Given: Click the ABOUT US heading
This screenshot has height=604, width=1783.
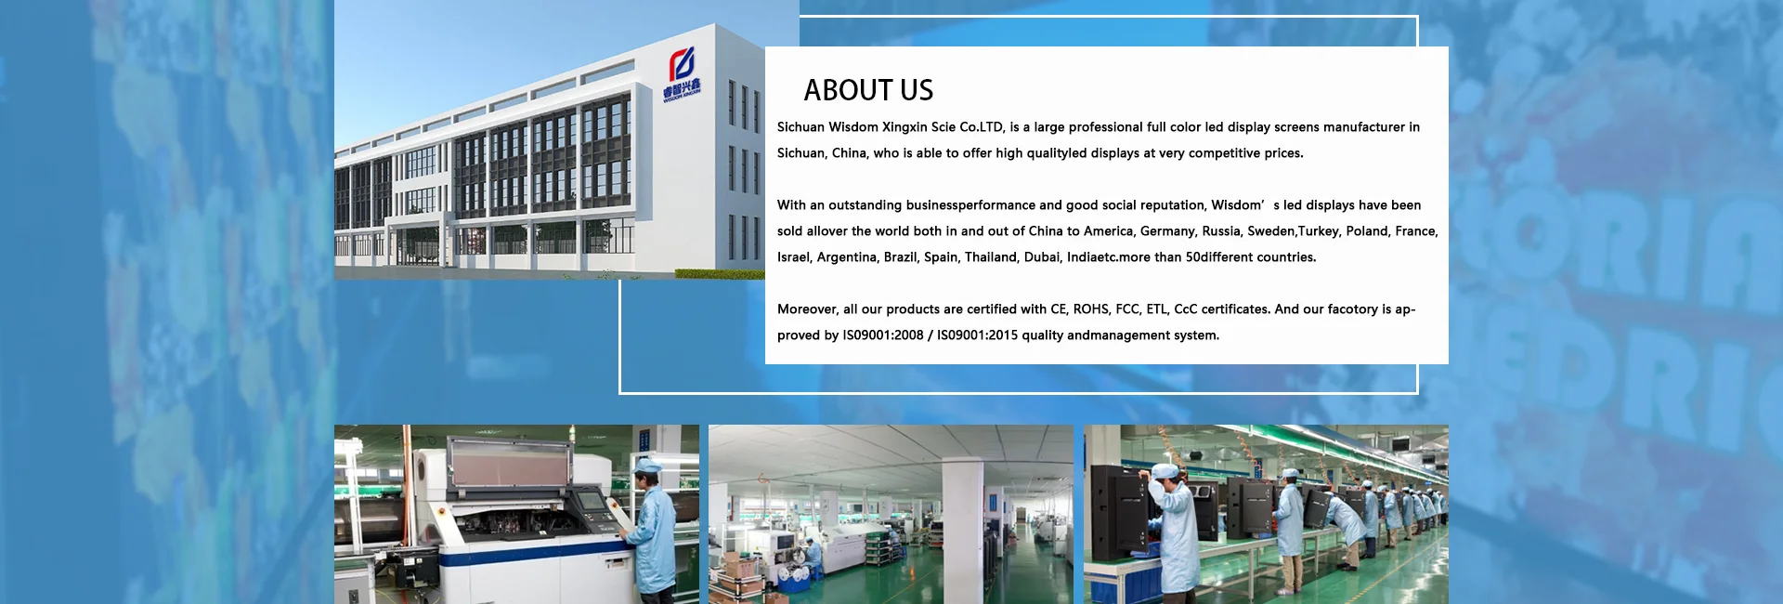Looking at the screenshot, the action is pos(868,90).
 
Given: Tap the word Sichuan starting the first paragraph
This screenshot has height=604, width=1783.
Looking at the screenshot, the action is pos(800,127).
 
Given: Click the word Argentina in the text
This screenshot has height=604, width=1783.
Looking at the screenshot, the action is pos(847,257).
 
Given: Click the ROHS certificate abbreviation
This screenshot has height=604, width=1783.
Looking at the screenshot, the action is pos(1090,309).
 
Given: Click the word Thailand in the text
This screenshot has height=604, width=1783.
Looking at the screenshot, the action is pos(990,257).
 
